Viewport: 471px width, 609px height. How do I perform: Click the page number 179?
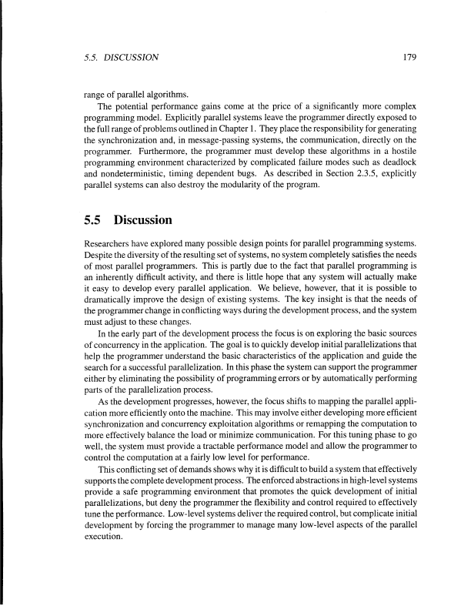pos(408,56)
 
